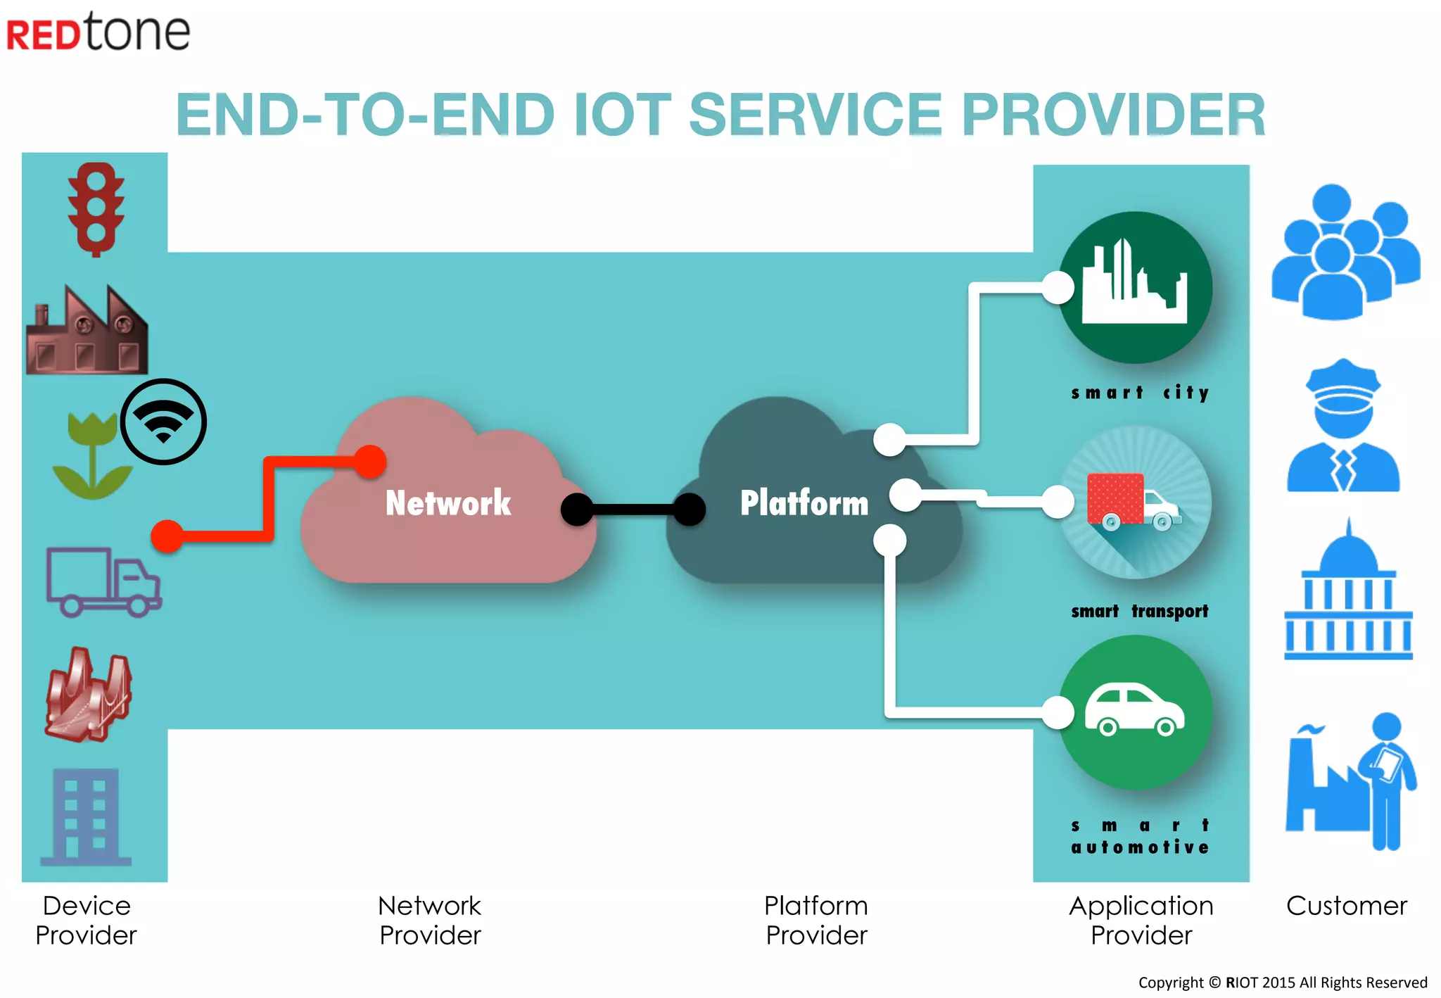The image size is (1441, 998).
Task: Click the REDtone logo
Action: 99,32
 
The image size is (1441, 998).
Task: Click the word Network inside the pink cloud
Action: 448,503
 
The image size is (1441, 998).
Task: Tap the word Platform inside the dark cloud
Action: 804,503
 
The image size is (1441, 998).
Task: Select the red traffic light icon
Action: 96,210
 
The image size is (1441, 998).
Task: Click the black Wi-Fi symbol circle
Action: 163,422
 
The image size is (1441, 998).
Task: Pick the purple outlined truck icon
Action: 103,583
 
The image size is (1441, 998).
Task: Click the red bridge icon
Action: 89,695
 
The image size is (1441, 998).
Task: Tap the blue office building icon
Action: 87,816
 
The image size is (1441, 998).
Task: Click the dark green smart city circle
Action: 1135,288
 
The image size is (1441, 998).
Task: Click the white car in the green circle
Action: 1134,709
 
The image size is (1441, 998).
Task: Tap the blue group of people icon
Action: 1345,253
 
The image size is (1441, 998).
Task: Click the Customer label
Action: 1346,906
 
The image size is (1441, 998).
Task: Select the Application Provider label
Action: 1141,920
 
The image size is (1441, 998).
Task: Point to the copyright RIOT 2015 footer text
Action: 1282,983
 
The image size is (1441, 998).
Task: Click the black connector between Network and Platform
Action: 633,510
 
